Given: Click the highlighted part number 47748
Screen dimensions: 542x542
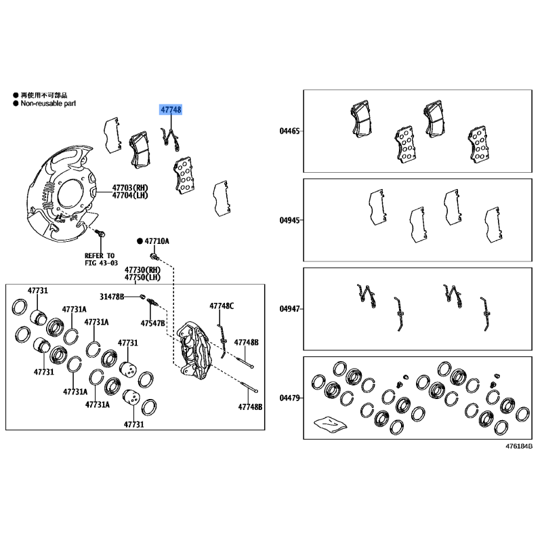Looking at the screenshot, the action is pos(171,110).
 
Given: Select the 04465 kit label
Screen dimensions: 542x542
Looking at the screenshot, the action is pos(289,131).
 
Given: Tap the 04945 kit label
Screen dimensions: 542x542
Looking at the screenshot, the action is pos(289,220).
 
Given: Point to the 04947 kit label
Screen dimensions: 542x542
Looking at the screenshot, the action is pos(289,309).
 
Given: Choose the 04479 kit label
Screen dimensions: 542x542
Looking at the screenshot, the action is pos(289,398).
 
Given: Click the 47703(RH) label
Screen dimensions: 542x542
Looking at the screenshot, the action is pos(130,188).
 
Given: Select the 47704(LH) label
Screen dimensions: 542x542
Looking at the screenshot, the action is pos(130,195).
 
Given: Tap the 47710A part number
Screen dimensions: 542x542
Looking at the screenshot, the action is pos(157,241).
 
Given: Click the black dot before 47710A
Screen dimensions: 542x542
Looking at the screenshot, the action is pos(140,241).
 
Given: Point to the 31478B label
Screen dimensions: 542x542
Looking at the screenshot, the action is pos(112,297).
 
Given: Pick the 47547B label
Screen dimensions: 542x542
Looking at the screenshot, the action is pos(153,323).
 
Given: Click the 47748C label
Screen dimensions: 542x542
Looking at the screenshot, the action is pos(222,306).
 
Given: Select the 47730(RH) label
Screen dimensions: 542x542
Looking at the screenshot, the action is pos(142,270).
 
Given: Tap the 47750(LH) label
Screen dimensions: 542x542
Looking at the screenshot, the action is pos(142,277).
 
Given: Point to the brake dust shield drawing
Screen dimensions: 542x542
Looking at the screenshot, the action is pos(62,194).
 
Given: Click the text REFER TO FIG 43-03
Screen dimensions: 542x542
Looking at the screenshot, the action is pos(100,259).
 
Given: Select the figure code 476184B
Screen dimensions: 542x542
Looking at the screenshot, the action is pos(519,446).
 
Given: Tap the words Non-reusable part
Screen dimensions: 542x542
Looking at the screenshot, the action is pos(48,104).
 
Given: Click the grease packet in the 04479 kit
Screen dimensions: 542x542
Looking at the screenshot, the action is pos(330,424).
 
